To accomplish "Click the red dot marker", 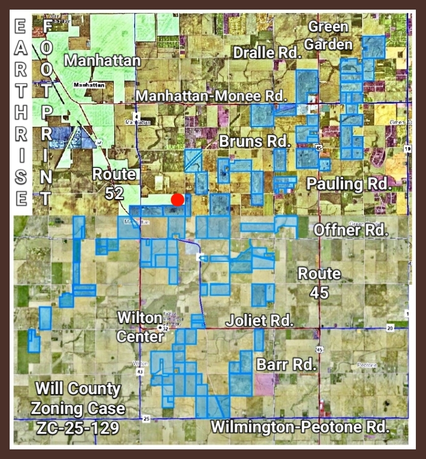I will coord(177,200).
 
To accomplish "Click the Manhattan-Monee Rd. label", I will coord(212,95).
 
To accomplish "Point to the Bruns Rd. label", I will coord(254,141).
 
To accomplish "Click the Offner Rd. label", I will coord(351,230).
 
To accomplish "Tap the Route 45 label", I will coord(319,282).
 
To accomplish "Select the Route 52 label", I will coord(114,183).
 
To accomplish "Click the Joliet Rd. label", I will coord(259,321).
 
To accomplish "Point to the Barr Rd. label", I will coord(286,364).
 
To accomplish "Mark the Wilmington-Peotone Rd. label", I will coord(300,426).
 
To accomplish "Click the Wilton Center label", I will coord(140,327).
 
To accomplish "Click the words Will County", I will coord(78,390).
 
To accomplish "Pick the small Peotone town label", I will coord(366,365).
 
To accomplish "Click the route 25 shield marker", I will coord(147,419).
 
